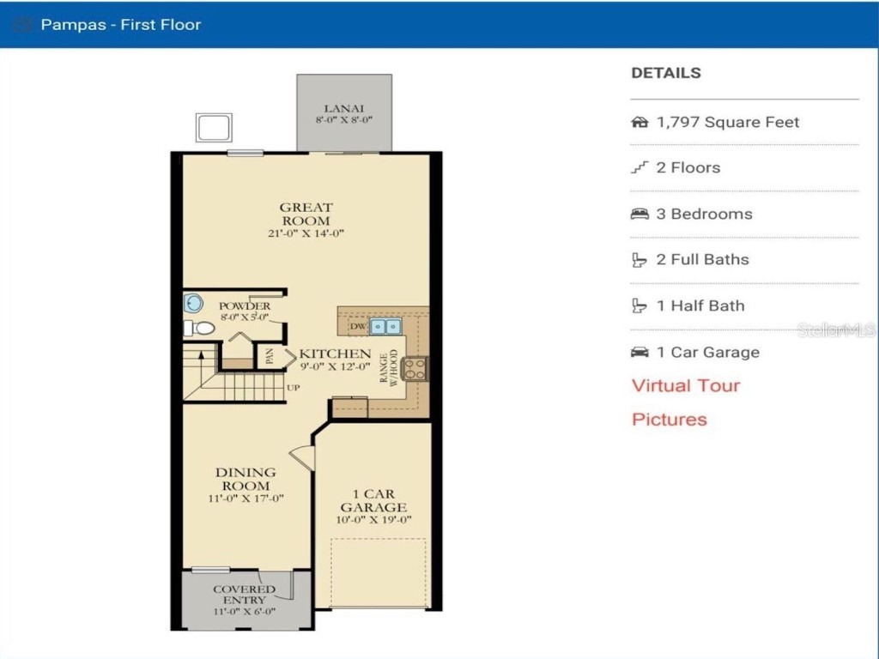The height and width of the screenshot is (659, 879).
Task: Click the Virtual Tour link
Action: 685,385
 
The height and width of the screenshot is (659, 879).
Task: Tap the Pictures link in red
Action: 670,420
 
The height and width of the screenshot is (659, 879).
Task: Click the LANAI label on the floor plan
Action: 343,108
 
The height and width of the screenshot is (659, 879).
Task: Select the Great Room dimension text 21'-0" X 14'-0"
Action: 306,233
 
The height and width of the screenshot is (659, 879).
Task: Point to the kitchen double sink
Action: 385,326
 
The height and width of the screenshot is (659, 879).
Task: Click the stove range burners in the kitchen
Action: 414,368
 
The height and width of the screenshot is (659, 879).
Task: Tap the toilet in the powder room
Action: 199,328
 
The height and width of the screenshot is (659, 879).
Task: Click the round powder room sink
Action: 194,302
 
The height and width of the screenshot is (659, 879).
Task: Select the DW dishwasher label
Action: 357,327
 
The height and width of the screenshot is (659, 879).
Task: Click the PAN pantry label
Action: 270,356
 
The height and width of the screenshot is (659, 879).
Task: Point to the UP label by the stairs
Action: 293,388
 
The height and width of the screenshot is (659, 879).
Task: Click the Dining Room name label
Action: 246,479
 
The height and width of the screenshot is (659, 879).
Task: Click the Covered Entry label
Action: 245,595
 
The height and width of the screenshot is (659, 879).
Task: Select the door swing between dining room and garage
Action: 303,456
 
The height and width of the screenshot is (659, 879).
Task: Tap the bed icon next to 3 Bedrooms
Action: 640,214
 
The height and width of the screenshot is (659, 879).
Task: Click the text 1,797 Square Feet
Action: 727,122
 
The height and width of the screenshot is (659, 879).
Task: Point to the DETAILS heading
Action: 666,73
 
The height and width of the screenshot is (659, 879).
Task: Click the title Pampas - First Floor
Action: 120,24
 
